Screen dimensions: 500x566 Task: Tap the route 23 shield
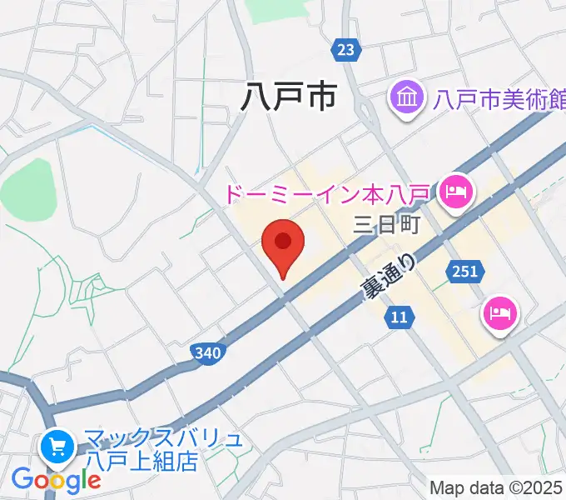346,50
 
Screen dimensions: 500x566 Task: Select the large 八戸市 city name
288,98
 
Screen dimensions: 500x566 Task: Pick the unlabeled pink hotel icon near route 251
501,314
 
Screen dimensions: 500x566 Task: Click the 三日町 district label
389,224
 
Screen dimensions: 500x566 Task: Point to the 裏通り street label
388,277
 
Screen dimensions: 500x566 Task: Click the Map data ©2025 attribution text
497,487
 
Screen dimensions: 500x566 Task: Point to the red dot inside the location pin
283,242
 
